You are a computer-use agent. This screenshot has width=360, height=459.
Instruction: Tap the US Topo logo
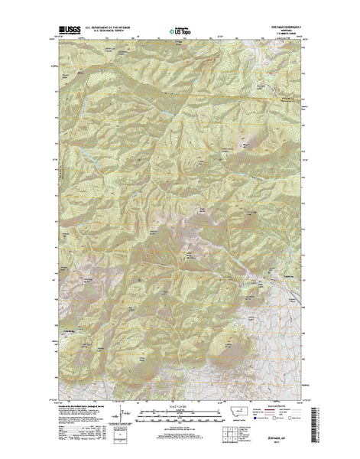coord(180,33)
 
